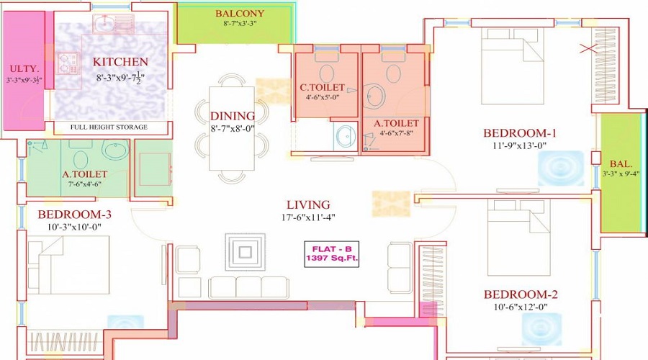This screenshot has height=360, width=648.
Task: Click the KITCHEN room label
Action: pos(120,62)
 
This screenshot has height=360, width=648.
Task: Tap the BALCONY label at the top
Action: pos(240,14)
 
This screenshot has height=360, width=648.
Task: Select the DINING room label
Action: pos(233,116)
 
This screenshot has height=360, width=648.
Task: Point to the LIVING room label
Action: pos(307,204)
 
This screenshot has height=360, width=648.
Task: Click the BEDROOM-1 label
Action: pos(520,133)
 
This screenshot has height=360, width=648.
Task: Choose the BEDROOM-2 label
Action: pos(521,294)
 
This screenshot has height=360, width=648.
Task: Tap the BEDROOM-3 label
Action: pos(75,215)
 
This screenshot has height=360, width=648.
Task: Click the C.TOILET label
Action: pos(323,88)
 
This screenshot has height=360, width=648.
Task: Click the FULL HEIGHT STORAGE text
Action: pos(109,127)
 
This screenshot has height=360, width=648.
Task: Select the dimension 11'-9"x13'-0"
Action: pos(520,145)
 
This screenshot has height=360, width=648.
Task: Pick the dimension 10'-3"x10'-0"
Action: pos(75,227)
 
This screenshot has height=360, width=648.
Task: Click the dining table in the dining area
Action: pos(232,128)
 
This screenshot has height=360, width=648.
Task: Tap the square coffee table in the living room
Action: pos(245,253)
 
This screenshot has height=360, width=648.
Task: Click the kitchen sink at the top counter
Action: pos(113,24)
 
